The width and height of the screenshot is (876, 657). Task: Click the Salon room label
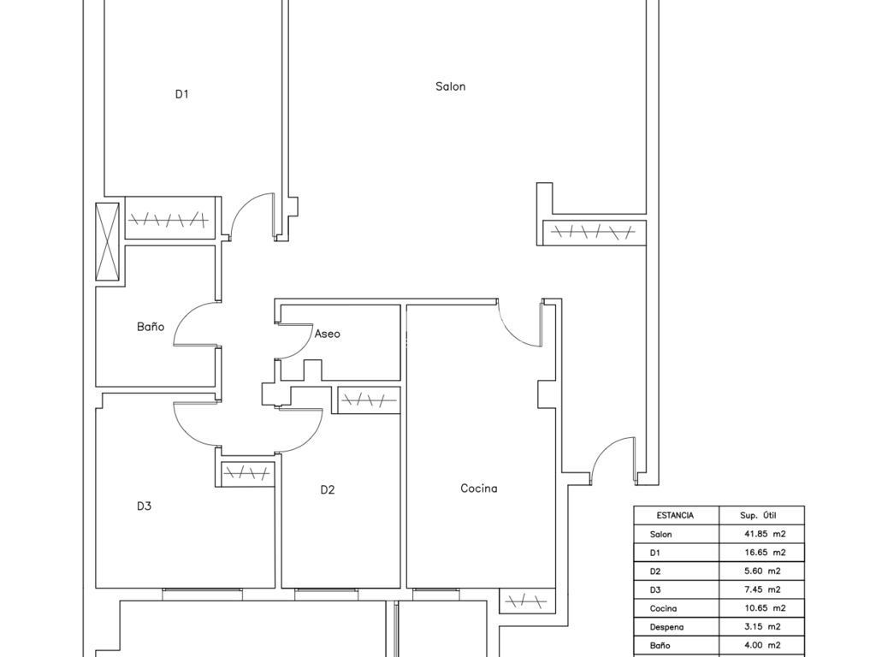pyautogui.click(x=450, y=86)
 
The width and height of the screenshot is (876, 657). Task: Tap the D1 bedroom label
pyautogui.click(x=181, y=94)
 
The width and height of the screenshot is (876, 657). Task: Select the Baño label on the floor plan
pyautogui.click(x=151, y=326)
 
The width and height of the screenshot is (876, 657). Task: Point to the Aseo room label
pyautogui.click(x=327, y=334)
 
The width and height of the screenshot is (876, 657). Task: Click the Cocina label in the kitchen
pyautogui.click(x=479, y=488)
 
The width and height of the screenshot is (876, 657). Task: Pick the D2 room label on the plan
pyautogui.click(x=328, y=490)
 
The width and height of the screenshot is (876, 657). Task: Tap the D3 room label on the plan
pyautogui.click(x=144, y=506)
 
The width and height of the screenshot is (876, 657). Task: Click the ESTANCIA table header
pyautogui.click(x=675, y=515)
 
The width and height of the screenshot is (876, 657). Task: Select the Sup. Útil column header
pyautogui.click(x=758, y=515)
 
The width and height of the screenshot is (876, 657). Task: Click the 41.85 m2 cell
pyautogui.click(x=765, y=534)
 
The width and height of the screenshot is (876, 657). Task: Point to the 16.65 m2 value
pyautogui.click(x=765, y=552)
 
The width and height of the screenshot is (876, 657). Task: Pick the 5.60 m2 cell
pyautogui.click(x=762, y=571)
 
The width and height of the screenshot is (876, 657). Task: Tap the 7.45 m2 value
pyautogui.click(x=762, y=589)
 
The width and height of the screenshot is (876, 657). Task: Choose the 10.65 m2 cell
pyautogui.click(x=765, y=608)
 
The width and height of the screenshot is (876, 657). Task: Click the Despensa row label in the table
pyautogui.click(x=666, y=627)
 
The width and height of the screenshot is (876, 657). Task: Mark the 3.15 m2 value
pyautogui.click(x=762, y=626)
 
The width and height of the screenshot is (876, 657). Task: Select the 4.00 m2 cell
pyautogui.click(x=762, y=645)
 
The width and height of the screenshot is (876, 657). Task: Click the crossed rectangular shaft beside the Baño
pyautogui.click(x=107, y=241)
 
